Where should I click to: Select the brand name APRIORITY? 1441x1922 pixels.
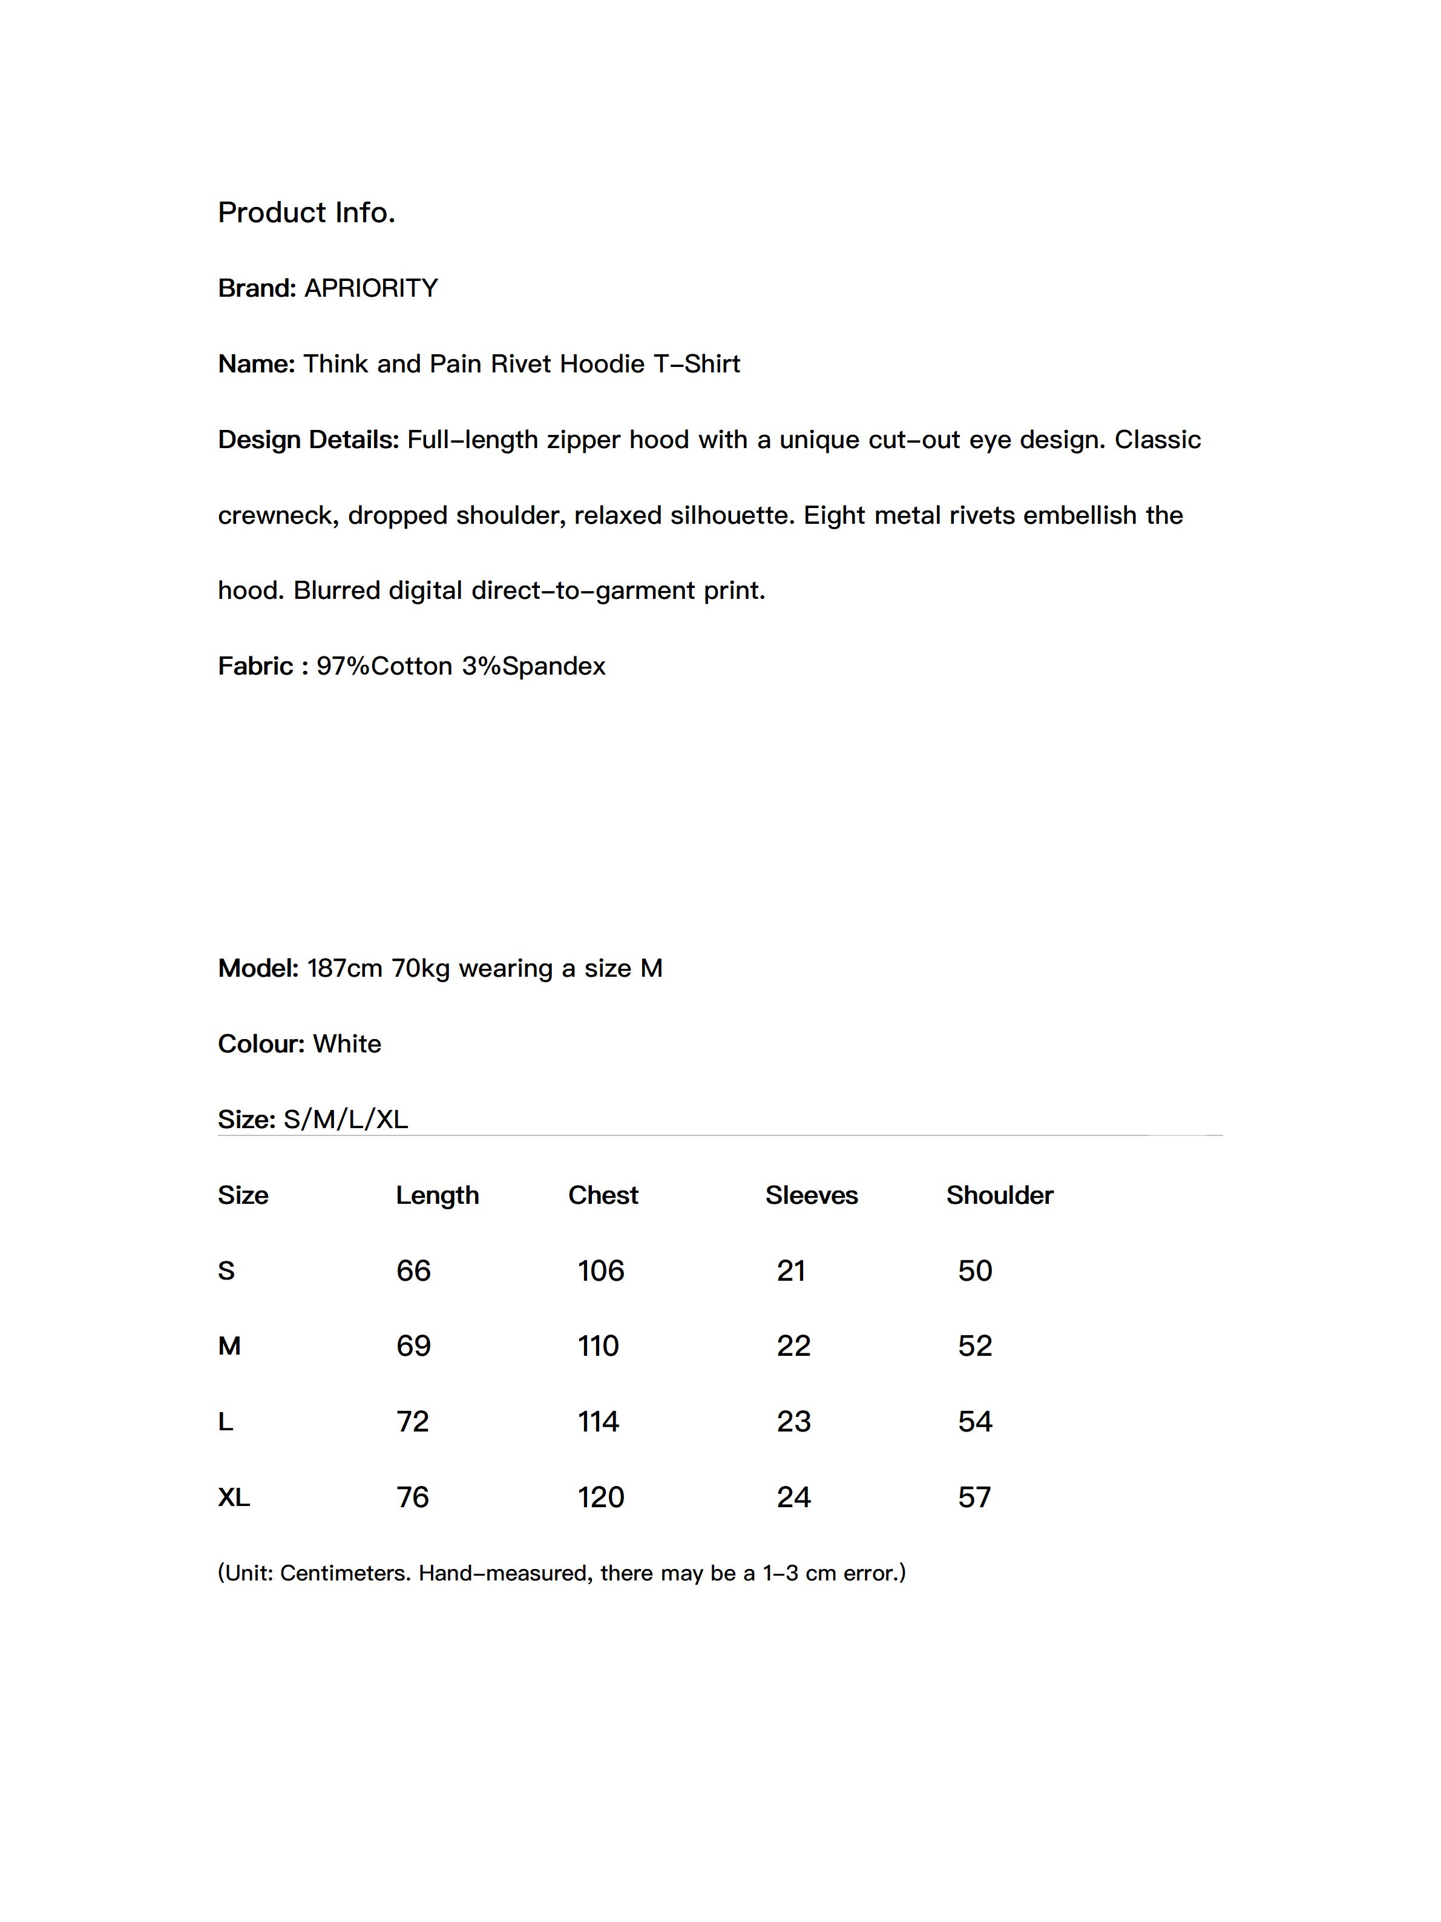click(371, 288)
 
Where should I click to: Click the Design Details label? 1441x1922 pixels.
click(307, 439)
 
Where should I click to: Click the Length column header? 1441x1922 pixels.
click(437, 1195)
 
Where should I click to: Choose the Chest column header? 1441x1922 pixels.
click(603, 1195)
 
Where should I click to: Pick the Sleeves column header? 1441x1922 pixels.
click(810, 1195)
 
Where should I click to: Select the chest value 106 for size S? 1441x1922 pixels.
click(600, 1270)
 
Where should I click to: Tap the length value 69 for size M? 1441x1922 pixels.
click(413, 1346)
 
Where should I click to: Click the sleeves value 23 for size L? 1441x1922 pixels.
click(793, 1421)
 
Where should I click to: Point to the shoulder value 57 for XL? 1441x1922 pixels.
click(974, 1497)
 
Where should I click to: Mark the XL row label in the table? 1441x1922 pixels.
click(234, 1497)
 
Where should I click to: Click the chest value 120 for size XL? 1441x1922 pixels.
click(600, 1497)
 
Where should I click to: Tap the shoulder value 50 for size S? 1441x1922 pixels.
click(974, 1270)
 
